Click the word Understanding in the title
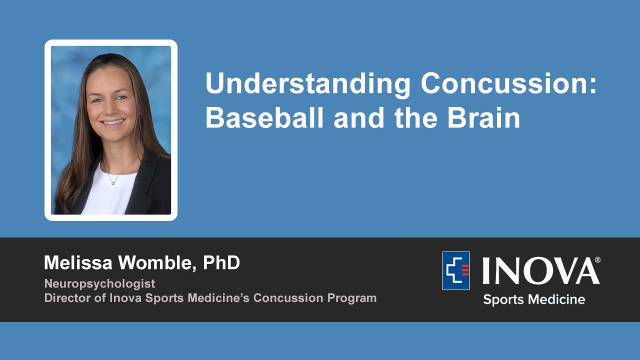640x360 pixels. coord(307,84)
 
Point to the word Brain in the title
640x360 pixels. coord(484,118)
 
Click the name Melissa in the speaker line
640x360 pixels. coord(78,263)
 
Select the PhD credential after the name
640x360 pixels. coord(221,263)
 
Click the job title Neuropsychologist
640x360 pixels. coord(100,284)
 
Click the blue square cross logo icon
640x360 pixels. coord(456,271)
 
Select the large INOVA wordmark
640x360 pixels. coord(540,271)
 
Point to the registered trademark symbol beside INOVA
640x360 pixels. coord(597,260)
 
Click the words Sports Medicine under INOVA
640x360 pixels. coord(534,300)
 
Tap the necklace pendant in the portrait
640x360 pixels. coord(112,182)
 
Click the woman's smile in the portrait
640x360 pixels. coord(113,122)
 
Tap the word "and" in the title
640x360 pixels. coord(359,118)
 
